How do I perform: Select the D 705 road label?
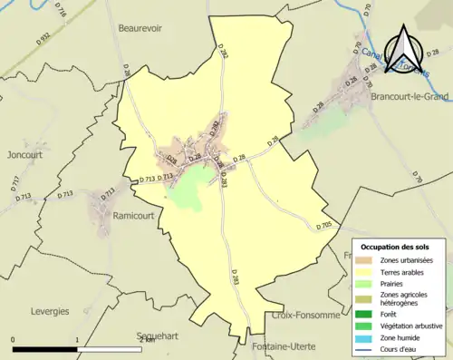pos(324,225)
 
